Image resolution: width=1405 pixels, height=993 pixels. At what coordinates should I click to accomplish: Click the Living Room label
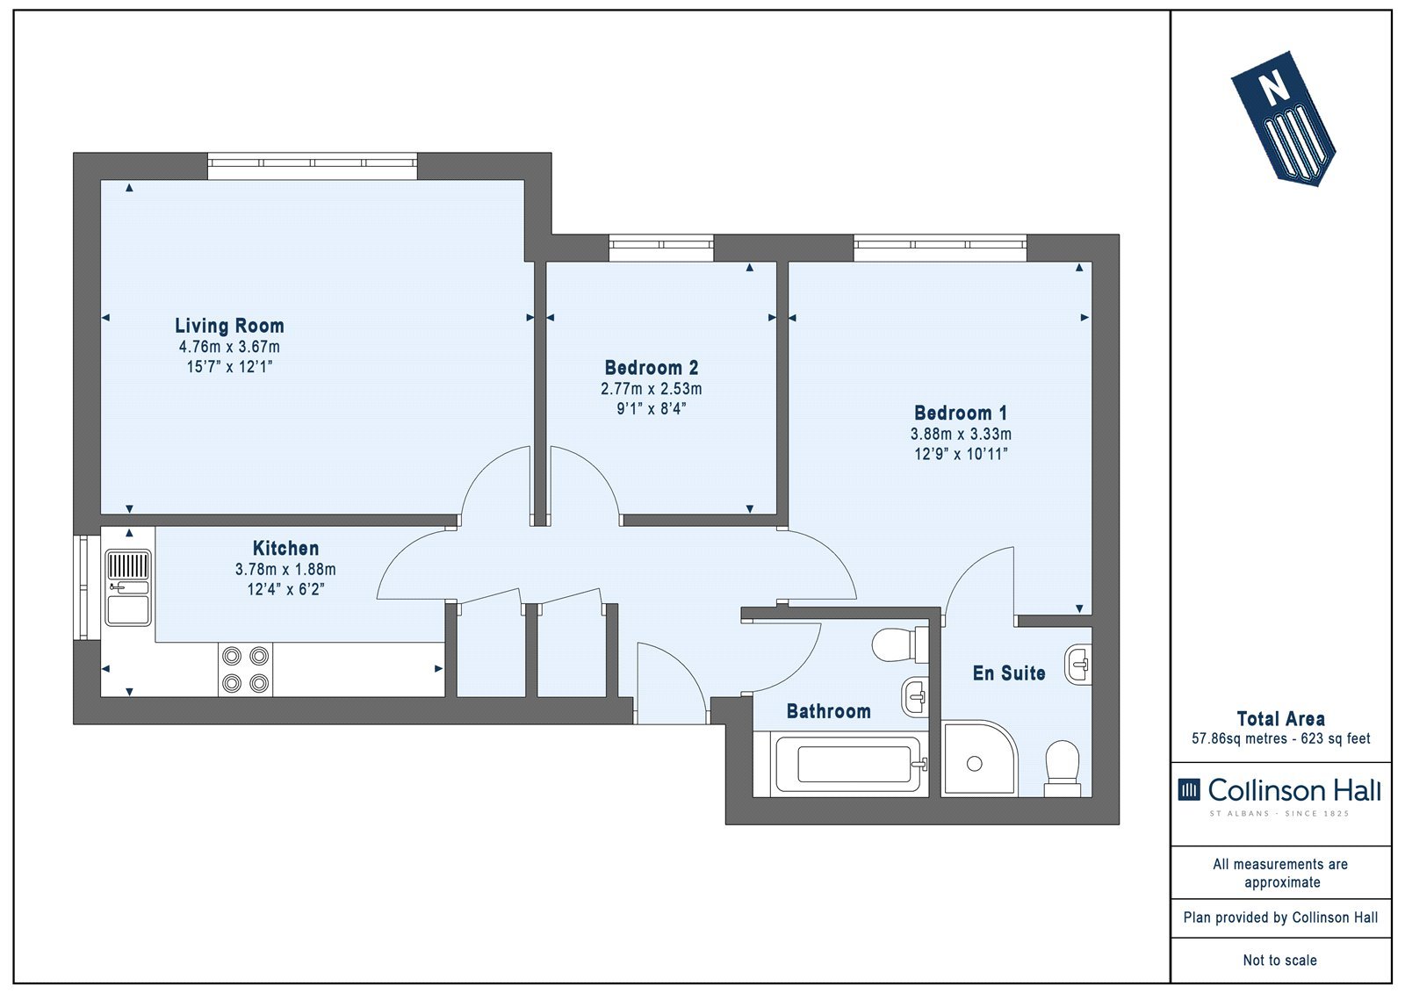point(229,326)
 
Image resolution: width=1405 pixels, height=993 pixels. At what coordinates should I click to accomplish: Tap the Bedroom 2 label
point(651,368)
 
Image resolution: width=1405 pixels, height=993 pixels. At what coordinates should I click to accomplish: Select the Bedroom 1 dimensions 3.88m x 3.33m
point(961,434)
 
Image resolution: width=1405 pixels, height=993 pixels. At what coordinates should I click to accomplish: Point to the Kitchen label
point(285,548)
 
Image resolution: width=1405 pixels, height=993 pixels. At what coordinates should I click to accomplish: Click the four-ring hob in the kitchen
point(245,669)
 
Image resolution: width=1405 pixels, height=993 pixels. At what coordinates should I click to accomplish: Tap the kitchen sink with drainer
point(128,587)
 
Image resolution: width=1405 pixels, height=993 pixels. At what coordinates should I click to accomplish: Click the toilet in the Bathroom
point(900,644)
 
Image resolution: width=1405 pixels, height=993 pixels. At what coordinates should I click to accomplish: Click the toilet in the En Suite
point(1062,769)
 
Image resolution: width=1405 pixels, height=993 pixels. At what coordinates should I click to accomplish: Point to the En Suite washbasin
point(1077,665)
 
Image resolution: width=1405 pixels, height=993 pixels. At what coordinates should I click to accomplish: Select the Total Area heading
point(1281,718)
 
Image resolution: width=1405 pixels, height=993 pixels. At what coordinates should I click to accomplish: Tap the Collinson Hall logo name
point(1294,790)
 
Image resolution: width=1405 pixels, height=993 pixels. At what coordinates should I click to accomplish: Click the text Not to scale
point(1280,960)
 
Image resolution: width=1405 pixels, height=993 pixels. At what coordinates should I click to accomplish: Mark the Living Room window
point(313,166)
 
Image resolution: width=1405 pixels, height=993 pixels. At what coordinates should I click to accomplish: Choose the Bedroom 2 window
point(661,248)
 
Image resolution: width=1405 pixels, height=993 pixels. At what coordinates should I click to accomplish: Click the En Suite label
point(1009,673)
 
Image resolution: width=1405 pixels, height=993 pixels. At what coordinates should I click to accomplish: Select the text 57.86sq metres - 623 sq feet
point(1281,738)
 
